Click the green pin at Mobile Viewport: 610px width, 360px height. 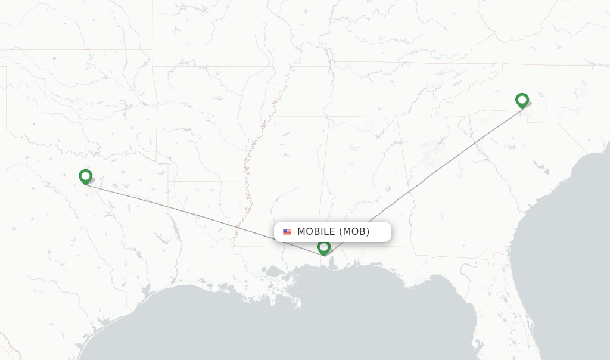[x=323, y=247]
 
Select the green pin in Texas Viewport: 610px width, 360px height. [x=85, y=176]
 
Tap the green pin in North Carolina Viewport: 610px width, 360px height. [x=522, y=100]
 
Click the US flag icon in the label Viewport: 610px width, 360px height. [x=287, y=232]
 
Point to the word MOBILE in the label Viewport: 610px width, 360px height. [x=316, y=232]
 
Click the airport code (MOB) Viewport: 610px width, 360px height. [x=354, y=232]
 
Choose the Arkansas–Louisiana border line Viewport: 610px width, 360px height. [x=203, y=182]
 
